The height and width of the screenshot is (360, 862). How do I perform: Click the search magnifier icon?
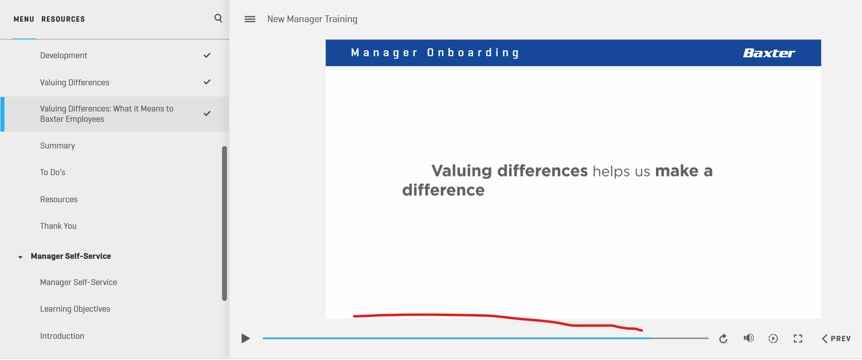[218, 18]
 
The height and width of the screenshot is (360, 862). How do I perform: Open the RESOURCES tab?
[63, 19]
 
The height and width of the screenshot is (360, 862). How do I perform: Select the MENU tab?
[24, 19]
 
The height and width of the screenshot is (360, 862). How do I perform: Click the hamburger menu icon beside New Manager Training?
[250, 19]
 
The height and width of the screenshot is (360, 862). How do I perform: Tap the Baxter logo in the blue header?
[769, 53]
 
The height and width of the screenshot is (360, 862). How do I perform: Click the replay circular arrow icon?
[723, 338]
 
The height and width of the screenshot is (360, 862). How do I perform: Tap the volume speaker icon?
[749, 338]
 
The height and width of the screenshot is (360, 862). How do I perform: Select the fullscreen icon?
[798, 338]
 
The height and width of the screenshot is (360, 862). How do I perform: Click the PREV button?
[836, 338]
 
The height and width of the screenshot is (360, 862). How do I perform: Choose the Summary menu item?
[58, 145]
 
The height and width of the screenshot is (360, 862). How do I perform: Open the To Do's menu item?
[53, 172]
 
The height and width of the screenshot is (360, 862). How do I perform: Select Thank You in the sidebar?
[58, 226]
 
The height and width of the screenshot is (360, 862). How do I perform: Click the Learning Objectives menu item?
[75, 309]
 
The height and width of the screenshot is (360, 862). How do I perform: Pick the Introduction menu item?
[62, 336]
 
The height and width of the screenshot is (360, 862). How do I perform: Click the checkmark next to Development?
[207, 55]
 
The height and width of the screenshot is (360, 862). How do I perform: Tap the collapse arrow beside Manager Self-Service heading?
[20, 257]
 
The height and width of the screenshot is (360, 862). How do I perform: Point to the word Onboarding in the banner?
[473, 53]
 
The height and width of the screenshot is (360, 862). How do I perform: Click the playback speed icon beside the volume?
[773, 338]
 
